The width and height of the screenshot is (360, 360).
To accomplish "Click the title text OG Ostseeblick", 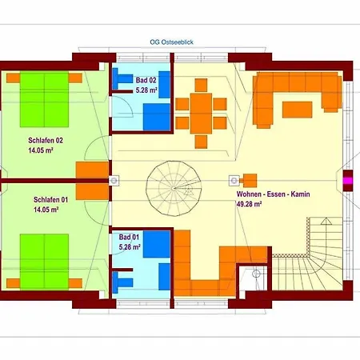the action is click(171, 42).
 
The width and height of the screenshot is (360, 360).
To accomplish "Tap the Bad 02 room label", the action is click(146, 80).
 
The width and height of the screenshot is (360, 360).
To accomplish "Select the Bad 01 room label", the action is click(129, 237).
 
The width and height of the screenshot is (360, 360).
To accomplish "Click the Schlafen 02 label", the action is click(46, 140).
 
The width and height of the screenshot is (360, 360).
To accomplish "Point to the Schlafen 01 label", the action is click(50, 200).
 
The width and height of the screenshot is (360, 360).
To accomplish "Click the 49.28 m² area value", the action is click(249, 204).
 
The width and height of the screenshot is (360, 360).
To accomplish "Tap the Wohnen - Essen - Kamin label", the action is click(274, 194).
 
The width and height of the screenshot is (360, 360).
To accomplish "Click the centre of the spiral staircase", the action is click(174, 188).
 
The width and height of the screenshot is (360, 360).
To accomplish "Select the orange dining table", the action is click(201, 114).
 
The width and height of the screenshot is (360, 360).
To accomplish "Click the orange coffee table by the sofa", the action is click(298, 110).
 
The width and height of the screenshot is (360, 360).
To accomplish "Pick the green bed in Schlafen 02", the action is click(44, 99).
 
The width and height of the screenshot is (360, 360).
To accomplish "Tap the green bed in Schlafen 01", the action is click(44, 262).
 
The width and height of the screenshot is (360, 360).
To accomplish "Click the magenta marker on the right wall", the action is click(348, 181).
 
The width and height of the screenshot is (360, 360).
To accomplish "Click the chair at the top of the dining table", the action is click(201, 85).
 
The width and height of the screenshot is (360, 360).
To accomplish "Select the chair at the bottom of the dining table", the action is click(201, 142).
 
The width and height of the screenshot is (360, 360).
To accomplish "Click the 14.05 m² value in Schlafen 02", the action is click(41, 150).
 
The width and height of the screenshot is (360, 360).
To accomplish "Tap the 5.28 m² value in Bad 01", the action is click(130, 247).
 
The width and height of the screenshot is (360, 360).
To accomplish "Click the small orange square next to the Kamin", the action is click(250, 181).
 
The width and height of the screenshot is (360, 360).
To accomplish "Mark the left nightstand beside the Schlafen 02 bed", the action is click(14, 78).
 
